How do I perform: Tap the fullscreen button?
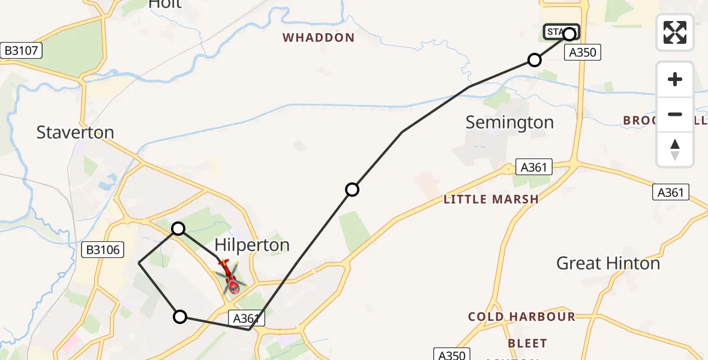tap(675, 32)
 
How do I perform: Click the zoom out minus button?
tap(675, 114)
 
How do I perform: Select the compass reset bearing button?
tap(675, 149)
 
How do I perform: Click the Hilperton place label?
tap(252, 245)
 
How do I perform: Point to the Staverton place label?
tap(75, 132)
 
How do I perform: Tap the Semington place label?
tap(509, 122)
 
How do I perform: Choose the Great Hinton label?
tap(608, 263)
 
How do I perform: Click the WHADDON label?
tap(319, 38)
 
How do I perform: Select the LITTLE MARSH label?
tap(491, 199)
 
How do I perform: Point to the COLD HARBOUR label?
tap(521, 316)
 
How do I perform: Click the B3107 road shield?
tap(22, 51)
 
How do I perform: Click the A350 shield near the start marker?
tap(582, 53)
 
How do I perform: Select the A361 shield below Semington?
tap(534, 167)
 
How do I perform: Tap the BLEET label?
tap(527, 343)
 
